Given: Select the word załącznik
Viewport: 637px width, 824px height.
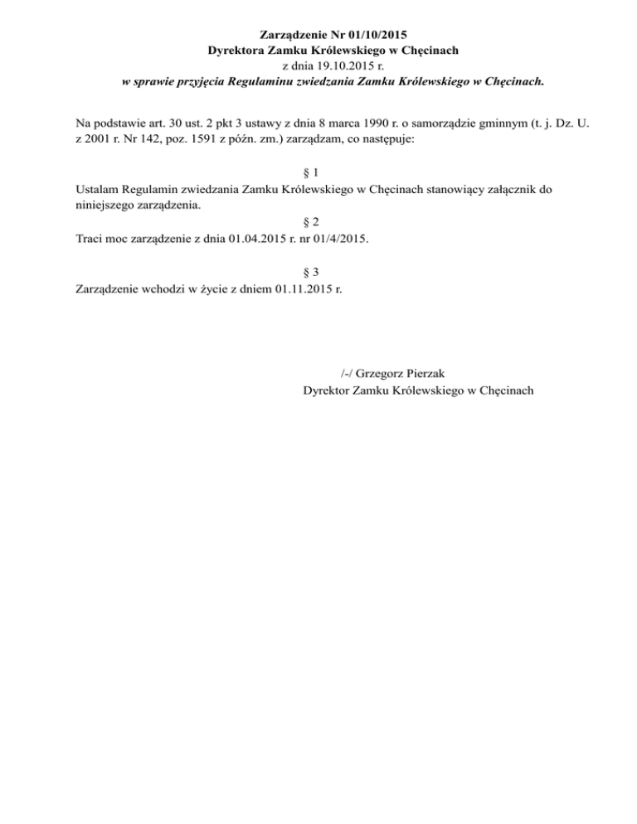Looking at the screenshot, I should coord(509,189).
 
